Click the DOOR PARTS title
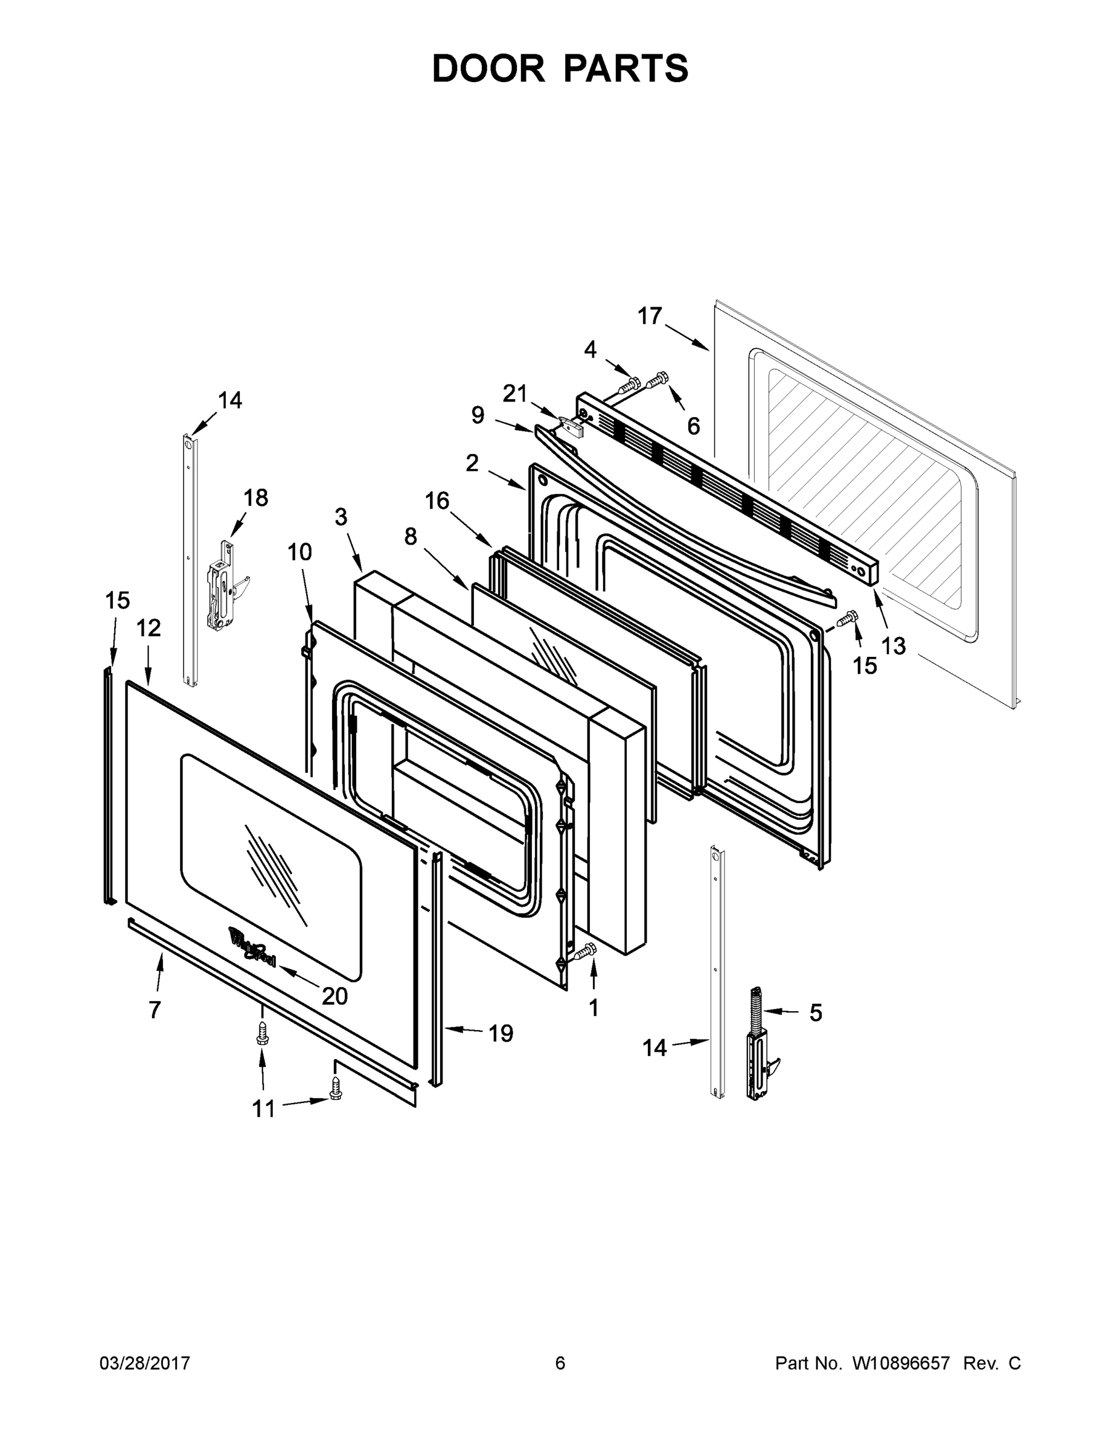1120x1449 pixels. pos(560,68)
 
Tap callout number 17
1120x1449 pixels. pos(650,316)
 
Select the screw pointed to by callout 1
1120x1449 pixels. pos(585,952)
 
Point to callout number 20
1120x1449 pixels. pos(335,996)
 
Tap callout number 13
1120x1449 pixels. pos(894,645)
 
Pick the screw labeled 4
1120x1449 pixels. pos(630,383)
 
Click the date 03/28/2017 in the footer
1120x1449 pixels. pos(145,1363)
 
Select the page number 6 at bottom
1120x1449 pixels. pos(560,1363)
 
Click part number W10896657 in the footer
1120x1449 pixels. pos(901,1363)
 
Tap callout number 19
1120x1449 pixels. pos(501,1033)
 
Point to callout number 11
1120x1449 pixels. pos(263,1108)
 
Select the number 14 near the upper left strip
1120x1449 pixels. pos(230,400)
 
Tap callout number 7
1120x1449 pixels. pos(155,1010)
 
